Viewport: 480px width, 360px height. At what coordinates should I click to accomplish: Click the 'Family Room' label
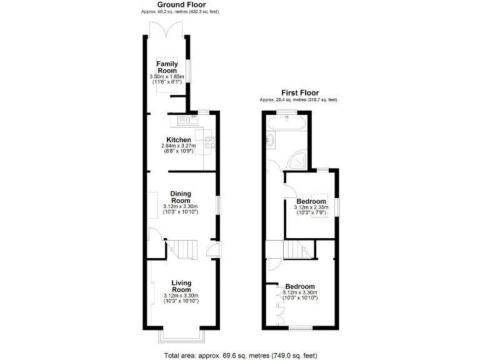click(x=167, y=67)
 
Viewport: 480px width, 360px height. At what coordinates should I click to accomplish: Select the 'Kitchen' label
click(x=179, y=139)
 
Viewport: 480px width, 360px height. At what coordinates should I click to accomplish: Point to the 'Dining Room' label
click(x=181, y=197)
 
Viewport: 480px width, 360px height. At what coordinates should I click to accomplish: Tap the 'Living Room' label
click(x=181, y=286)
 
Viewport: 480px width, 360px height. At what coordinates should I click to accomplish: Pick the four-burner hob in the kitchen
click(x=210, y=142)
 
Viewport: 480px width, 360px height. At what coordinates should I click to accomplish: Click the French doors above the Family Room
click(x=166, y=29)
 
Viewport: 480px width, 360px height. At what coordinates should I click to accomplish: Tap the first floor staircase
click(x=297, y=250)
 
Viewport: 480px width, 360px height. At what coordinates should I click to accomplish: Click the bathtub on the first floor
click(x=287, y=121)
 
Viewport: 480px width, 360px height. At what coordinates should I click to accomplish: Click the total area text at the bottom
click(x=239, y=354)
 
